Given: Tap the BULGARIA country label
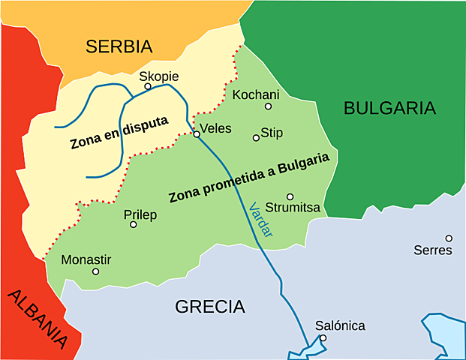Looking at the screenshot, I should tap(389, 108).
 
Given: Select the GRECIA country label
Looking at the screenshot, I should tap(210, 307).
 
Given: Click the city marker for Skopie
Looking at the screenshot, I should tap(148, 86).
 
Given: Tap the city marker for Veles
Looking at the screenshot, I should tap(197, 134).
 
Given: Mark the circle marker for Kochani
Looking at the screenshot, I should tap(268, 106).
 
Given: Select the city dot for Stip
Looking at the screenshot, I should tap(256, 138).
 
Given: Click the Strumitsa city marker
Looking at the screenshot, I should tap(290, 196).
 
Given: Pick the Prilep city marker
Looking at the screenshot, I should tap(134, 224).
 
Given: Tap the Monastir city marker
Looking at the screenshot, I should tap(95, 271).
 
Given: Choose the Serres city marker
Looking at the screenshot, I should tap(449, 238).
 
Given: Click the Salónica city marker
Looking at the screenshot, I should tap(323, 338).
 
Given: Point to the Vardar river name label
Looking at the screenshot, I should tap(260, 220).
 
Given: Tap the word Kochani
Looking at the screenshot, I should tap(256, 94).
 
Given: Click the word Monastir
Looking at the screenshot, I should tap(86, 259).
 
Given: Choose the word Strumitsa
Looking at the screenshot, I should tap(293, 207).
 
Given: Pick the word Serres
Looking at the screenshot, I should tap(433, 250).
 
